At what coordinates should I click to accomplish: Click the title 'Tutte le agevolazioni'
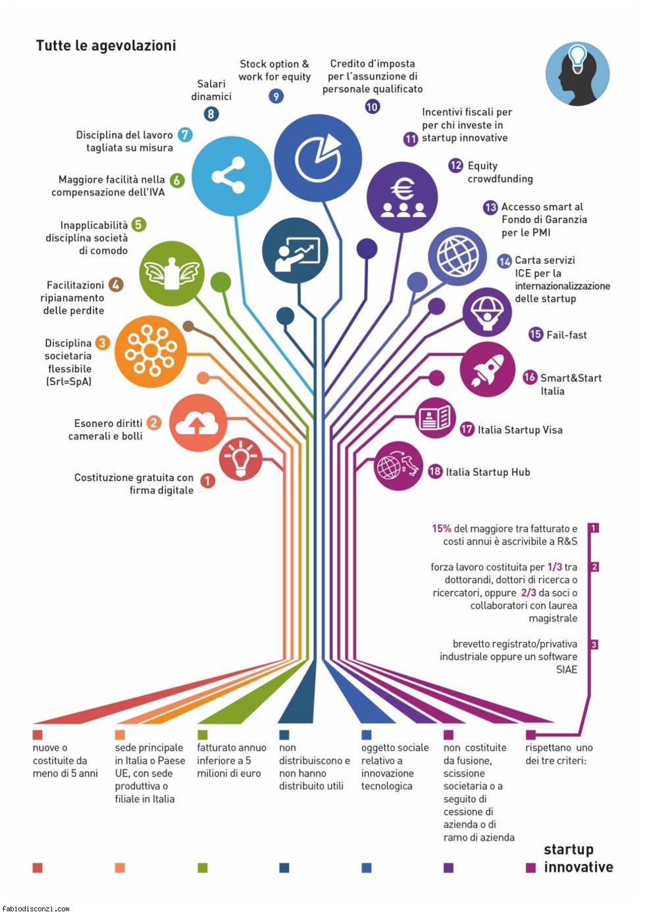point(106,45)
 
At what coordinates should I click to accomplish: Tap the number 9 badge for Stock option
point(276,96)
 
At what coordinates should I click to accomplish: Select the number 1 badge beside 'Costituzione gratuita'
point(208,481)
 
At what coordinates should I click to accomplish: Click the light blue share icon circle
point(231,176)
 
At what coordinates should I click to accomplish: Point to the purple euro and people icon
point(402,197)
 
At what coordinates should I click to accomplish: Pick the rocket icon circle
point(488,369)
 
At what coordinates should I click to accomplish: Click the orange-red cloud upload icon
point(198,422)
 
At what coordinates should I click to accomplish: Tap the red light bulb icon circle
point(241,459)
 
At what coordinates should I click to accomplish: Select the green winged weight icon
point(171,273)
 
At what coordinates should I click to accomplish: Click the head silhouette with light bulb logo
point(577,74)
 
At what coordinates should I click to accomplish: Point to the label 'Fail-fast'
point(567,335)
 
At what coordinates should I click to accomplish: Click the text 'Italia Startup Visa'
point(520,430)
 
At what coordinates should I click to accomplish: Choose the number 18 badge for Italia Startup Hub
point(435,472)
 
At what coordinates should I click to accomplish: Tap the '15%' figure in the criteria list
point(442,528)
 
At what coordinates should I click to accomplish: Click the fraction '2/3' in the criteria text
point(529,593)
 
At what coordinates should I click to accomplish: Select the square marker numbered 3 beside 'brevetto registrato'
point(594,644)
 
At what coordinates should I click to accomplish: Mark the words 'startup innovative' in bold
point(579,858)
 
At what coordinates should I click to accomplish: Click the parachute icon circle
point(487,313)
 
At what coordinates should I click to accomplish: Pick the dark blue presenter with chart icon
point(295,251)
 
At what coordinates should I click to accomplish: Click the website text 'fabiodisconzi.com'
point(36,908)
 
